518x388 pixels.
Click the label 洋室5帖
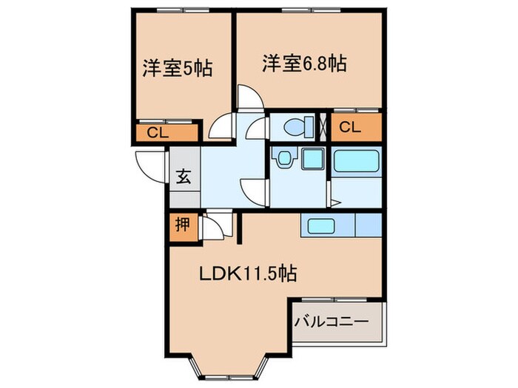coord(178,69)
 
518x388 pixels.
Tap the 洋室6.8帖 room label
coord(304,63)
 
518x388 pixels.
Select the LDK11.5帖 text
coord(248,274)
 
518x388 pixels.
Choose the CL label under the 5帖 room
coord(157,133)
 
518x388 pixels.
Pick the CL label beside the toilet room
coord(350,127)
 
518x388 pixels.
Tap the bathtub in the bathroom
coord(356,161)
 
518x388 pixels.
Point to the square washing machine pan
coord(312,158)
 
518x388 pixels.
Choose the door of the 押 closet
coord(209,227)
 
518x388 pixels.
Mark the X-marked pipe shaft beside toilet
coord(322,126)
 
